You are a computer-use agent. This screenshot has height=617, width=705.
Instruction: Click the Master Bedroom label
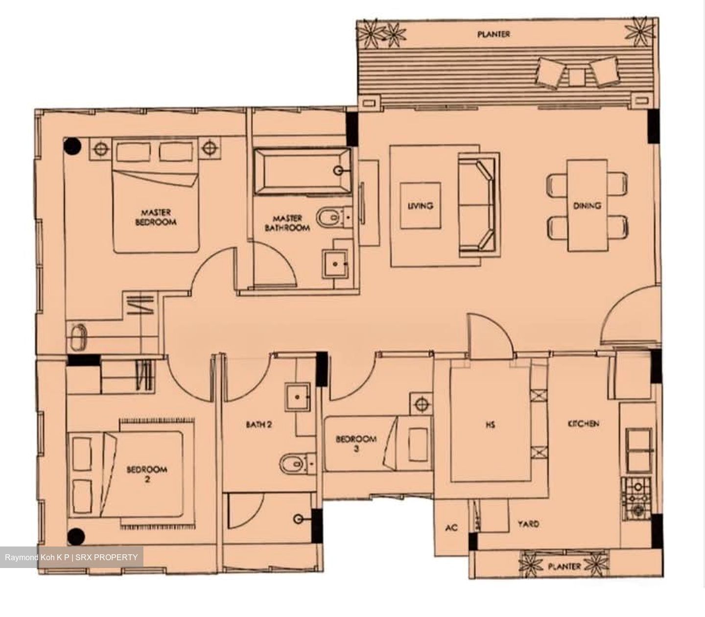156,217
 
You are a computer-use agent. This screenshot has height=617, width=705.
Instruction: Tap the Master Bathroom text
287,223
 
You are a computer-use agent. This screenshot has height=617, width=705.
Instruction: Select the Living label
420,206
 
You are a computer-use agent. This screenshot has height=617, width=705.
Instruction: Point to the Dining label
587,206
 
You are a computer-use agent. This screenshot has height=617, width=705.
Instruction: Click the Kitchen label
584,423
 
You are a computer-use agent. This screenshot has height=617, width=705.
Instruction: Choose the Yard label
528,524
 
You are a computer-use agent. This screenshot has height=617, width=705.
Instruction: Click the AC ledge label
451,528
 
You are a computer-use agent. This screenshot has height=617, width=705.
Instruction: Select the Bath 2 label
259,425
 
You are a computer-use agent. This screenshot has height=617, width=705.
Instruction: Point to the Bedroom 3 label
356,443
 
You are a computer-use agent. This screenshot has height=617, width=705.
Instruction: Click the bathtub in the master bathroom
302,172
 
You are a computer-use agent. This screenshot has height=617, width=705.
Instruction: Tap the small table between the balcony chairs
576,77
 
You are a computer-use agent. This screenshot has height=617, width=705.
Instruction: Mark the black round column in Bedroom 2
76,537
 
